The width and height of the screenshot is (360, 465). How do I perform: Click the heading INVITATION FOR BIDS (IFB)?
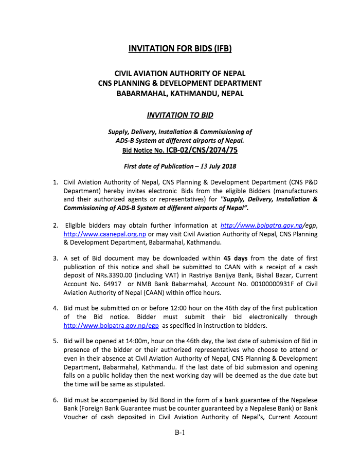(180, 49)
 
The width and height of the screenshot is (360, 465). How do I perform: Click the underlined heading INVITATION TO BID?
(180, 115)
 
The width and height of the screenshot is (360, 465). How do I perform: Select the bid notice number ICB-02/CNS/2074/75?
(202, 151)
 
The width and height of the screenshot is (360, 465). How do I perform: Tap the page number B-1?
(179, 433)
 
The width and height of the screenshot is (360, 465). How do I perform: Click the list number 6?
(55, 399)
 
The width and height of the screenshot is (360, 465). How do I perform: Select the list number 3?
(55, 258)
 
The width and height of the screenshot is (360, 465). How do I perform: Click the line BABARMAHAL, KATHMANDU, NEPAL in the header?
(180, 94)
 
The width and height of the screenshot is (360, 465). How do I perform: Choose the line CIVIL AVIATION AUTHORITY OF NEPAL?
(180, 73)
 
